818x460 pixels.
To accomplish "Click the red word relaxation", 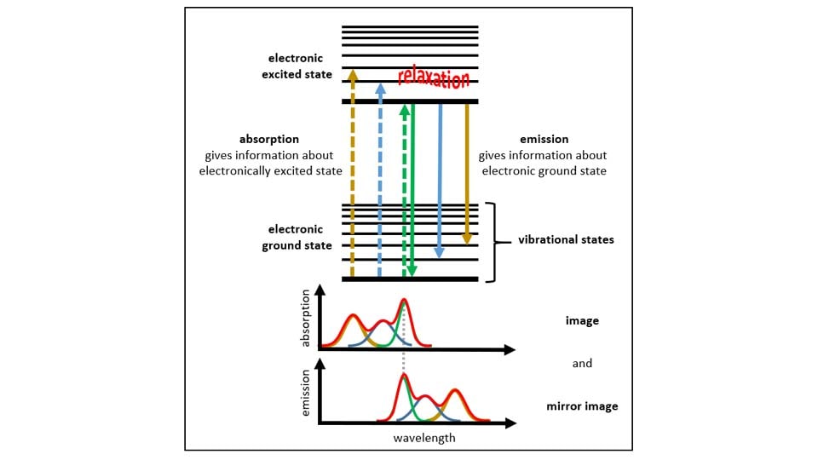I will [x=434, y=79].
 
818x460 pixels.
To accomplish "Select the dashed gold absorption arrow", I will [x=352, y=170].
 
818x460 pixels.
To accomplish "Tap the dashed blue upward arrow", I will [x=380, y=187].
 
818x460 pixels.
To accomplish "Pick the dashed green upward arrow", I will [x=404, y=187].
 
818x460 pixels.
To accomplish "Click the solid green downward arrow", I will [x=412, y=187].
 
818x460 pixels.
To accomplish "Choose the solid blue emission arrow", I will [x=440, y=179].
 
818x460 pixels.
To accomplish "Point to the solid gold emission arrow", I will [x=467, y=170].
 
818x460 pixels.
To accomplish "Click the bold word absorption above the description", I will [x=270, y=139].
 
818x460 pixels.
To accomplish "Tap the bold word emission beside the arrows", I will [x=544, y=139].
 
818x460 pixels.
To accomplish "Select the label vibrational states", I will [x=566, y=240].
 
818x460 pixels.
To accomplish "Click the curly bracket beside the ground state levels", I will [x=493, y=242].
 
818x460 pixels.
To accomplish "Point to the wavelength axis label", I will [x=424, y=438].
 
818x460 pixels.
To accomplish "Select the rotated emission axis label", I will [x=306, y=394].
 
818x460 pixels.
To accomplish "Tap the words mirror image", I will [x=582, y=405].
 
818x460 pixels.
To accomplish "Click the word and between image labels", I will [x=582, y=363].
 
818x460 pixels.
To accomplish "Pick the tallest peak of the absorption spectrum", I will [x=404, y=301].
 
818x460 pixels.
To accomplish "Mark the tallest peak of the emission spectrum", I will [x=404, y=375].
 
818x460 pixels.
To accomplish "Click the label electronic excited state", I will [x=297, y=66].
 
